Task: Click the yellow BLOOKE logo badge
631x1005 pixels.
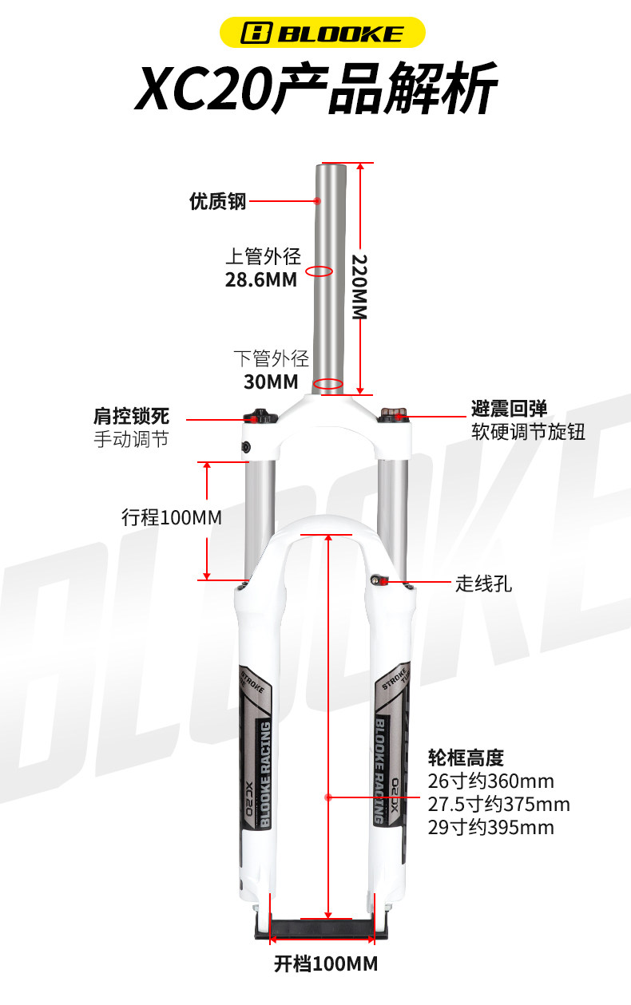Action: pos(322,32)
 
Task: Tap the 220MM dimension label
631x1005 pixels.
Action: pos(359,287)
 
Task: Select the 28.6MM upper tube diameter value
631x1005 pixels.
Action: pos(260,280)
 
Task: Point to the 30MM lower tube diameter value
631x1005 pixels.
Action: pos(271,382)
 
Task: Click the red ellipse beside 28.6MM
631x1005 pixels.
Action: pos(319,271)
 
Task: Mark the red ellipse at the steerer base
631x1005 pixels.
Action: pos(328,384)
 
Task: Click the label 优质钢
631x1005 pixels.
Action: pos(218,201)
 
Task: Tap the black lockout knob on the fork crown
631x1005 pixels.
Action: pos(259,416)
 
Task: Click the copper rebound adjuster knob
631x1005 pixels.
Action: pos(394,414)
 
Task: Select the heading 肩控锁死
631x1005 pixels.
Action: pos(132,416)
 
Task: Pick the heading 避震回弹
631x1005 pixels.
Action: pos(510,409)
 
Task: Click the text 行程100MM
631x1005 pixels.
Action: pos(172,518)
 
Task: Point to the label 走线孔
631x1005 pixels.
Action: pos(484,584)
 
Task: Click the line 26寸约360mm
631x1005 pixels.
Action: pos(491,781)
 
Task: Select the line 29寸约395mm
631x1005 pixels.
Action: pos(491,828)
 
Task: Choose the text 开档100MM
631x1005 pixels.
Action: pos(326,964)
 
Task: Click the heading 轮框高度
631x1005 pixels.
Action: pos(466,758)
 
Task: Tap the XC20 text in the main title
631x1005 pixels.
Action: pos(204,89)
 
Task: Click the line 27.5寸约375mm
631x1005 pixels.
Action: pos(499,805)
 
